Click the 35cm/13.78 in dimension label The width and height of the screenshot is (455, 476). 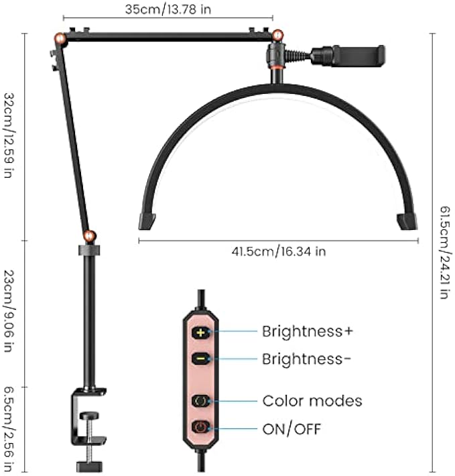[168, 9]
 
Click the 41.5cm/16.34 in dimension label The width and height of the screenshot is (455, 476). [279, 251]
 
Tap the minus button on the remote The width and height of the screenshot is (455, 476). [201, 359]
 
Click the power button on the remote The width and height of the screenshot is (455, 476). [201, 427]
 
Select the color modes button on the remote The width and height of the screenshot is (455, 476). [201, 401]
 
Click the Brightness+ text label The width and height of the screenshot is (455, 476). [307, 331]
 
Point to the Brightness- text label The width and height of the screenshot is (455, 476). [306, 359]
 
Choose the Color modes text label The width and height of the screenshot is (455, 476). [312, 401]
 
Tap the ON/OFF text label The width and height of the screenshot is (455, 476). [291, 428]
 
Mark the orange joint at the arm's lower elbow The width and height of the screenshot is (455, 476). [88, 236]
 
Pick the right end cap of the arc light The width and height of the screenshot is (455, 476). [407, 221]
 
